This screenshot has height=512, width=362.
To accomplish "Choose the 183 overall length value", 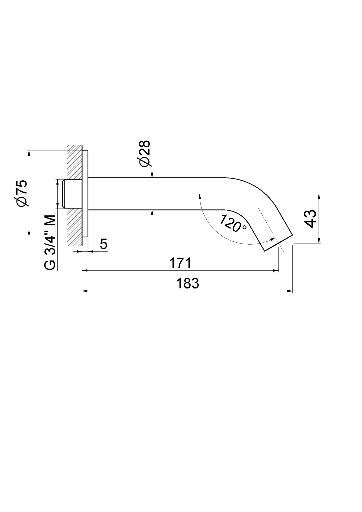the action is coord(188,283).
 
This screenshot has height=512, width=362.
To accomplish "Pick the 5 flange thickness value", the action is coord(103,244).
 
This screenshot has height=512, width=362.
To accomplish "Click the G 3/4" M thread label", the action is coord(50,242).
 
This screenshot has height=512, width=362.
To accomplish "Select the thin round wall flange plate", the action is coord(85,194).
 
